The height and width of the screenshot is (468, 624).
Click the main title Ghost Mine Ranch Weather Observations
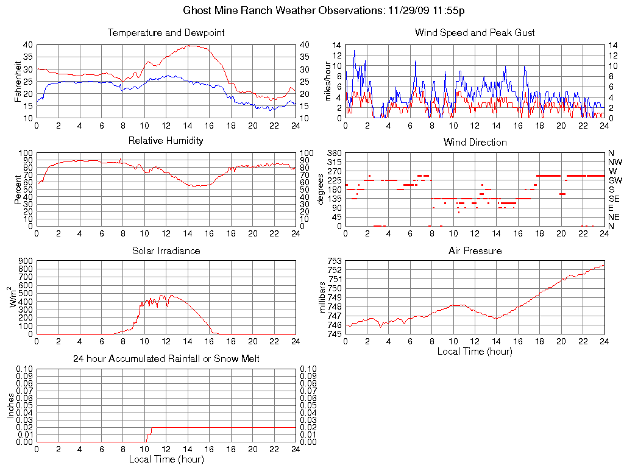[325, 10]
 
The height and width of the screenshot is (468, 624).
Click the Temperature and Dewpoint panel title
[166, 32]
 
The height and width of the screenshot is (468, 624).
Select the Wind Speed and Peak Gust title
[475, 32]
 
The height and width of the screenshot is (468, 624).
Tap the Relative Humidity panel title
[166, 141]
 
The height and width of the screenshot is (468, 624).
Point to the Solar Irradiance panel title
[166, 250]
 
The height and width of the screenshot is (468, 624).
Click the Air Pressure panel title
[475, 250]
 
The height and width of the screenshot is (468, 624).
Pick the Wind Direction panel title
[475, 142]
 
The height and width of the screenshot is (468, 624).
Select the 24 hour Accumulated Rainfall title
[166, 359]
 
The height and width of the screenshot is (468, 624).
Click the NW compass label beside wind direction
[615, 163]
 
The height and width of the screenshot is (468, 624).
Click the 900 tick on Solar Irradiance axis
[26, 261]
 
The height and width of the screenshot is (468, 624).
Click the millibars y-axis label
[324, 297]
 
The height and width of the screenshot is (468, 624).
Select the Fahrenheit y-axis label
[18, 81]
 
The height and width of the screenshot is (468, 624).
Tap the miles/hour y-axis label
[327, 81]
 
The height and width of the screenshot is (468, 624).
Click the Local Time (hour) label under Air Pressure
[475, 351]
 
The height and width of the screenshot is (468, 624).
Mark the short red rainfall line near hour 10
[149, 434]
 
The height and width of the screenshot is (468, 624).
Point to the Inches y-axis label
[10, 405]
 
